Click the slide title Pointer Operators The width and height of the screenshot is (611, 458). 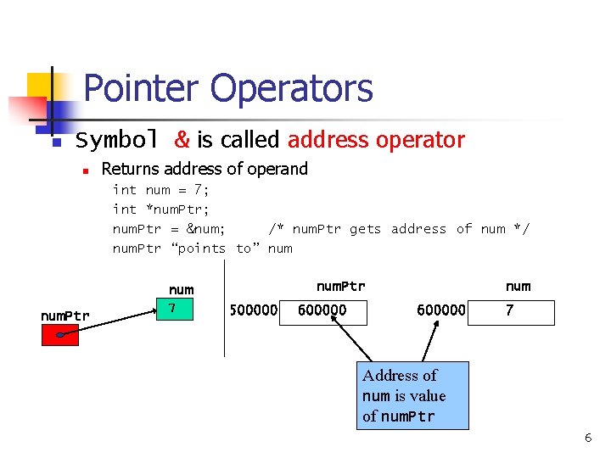228,88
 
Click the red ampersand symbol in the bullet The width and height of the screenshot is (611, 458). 182,140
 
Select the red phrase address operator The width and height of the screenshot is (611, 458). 376,140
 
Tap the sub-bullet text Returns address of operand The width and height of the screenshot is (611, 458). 205,169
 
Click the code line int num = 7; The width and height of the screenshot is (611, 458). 161,190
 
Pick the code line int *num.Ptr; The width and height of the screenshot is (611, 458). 161,209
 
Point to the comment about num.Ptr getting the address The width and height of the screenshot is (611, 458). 399,229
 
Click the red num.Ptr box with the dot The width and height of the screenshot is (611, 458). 60,336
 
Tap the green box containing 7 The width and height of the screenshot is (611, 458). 180,309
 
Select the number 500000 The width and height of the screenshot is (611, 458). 253,310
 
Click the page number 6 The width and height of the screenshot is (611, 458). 587,438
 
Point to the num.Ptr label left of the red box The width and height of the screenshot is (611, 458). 64,316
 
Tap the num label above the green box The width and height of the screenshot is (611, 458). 181,290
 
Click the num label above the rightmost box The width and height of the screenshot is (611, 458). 518,287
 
